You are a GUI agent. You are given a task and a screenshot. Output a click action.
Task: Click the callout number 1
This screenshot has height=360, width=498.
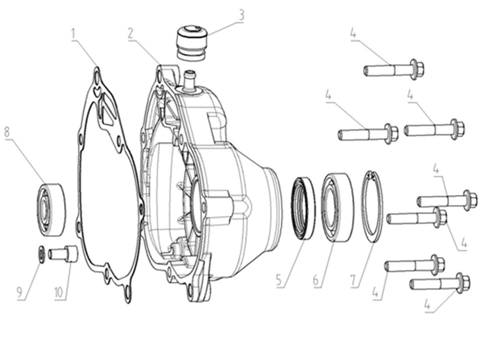(74, 34)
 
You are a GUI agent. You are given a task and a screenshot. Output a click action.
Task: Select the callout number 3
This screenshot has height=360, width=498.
(241, 15)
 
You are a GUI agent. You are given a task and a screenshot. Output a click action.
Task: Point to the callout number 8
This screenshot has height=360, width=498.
(7, 132)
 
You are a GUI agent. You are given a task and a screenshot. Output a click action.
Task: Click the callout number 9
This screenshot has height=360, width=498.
(19, 292)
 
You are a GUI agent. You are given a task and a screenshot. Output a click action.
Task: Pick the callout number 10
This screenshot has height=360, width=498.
(59, 292)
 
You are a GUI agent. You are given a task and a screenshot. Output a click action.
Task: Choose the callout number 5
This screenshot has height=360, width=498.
(279, 280)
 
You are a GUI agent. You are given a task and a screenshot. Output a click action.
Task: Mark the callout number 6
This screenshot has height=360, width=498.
(316, 280)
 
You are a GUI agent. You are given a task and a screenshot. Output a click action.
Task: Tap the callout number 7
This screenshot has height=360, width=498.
(354, 280)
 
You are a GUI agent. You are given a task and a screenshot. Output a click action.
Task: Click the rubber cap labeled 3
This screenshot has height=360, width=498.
(191, 43)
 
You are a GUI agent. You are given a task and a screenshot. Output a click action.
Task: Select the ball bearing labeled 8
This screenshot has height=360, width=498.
(51, 210)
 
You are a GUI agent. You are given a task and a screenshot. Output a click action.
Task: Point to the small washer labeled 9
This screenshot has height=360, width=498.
(41, 254)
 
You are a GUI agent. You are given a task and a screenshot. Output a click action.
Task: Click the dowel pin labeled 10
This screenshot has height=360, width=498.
(63, 253)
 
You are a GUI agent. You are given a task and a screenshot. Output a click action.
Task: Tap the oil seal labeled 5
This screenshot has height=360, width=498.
(303, 209)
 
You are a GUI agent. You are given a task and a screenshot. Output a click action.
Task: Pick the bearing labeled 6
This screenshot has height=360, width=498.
(337, 207)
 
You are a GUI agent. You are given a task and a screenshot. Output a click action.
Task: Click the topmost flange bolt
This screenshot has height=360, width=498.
(394, 70)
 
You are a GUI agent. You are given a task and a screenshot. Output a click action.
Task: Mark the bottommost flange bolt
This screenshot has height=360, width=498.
(440, 283)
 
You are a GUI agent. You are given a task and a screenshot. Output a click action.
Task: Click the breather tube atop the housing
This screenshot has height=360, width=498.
(190, 81)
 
